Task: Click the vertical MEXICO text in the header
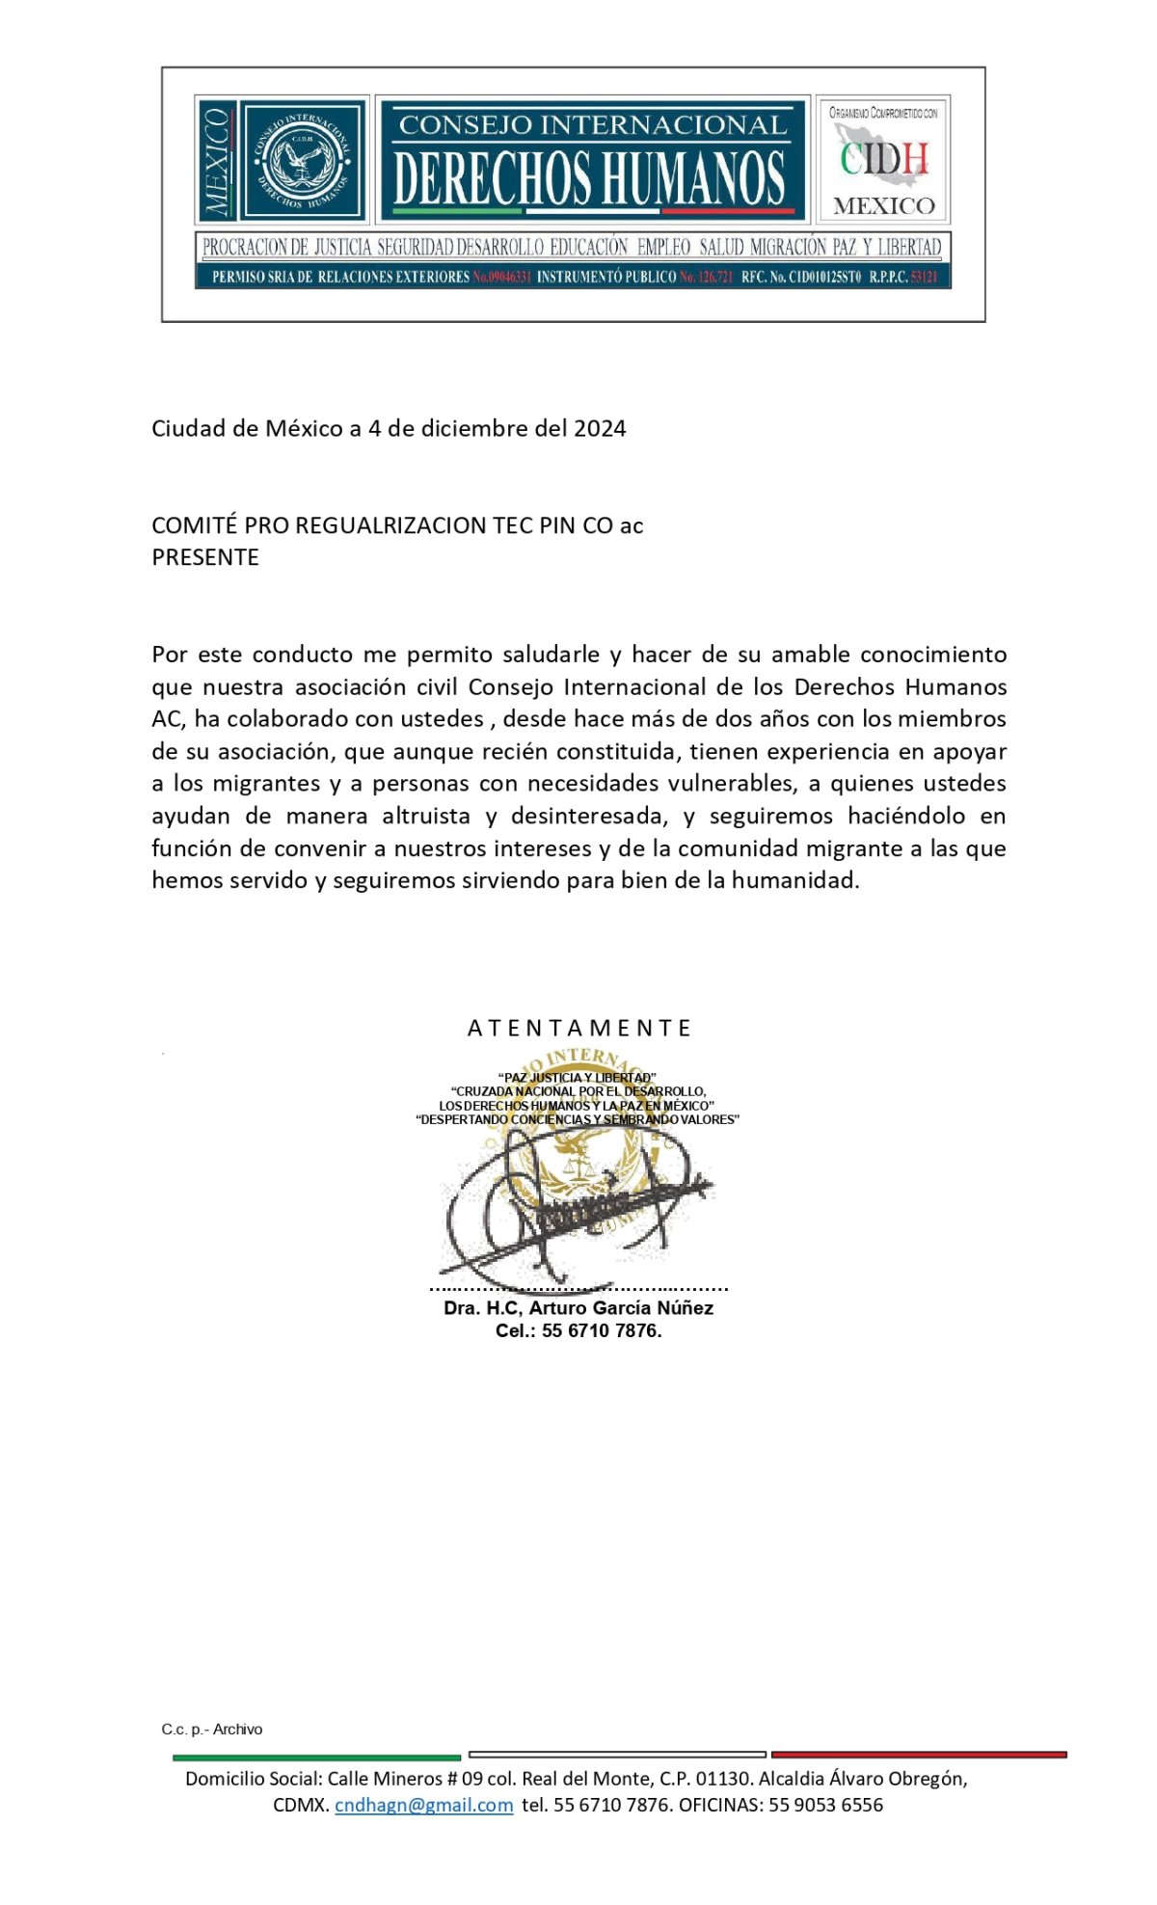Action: pyautogui.click(x=217, y=161)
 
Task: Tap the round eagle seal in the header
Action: pyautogui.click(x=304, y=160)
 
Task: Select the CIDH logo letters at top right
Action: pyautogui.click(x=883, y=159)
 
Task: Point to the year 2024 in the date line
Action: pyautogui.click(x=600, y=429)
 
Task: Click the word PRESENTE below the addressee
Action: pyautogui.click(x=205, y=557)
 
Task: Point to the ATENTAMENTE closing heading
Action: pyautogui.click(x=579, y=1028)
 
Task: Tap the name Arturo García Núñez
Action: pyautogui.click(x=621, y=1308)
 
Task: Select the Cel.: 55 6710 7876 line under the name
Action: pyautogui.click(x=578, y=1330)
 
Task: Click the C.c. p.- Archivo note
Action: pyautogui.click(x=212, y=1730)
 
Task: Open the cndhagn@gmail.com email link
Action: pyautogui.click(x=423, y=1805)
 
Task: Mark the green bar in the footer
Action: pyautogui.click(x=316, y=1757)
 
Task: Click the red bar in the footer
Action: pyautogui.click(x=919, y=1755)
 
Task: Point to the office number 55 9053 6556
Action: pyautogui.click(x=825, y=1805)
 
